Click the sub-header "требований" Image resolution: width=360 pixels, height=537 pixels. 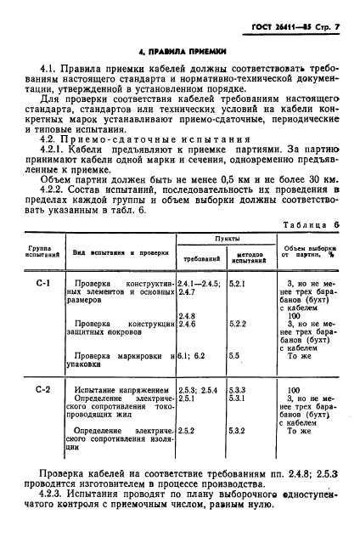tap(201, 256)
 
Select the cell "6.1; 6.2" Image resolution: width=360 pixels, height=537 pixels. tap(192, 356)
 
